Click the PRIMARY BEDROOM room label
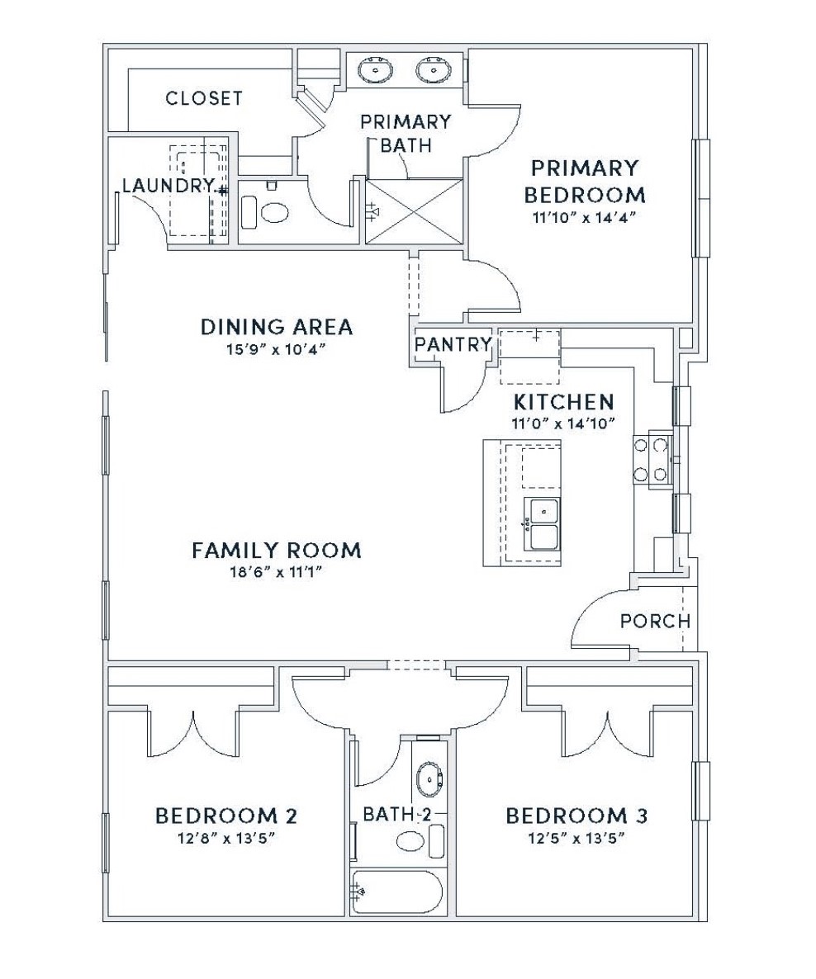(x=584, y=181)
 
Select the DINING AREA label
(x=276, y=327)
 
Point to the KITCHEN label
(x=563, y=401)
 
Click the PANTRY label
(x=453, y=344)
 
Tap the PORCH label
(x=655, y=621)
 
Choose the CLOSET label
(x=204, y=98)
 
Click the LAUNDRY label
(x=168, y=186)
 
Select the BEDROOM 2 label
(x=225, y=816)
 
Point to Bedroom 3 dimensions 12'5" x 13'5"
(x=576, y=837)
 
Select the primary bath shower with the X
(x=414, y=211)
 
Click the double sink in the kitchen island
(x=541, y=523)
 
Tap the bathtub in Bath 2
(x=396, y=893)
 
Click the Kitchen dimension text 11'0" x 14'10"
(x=563, y=423)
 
